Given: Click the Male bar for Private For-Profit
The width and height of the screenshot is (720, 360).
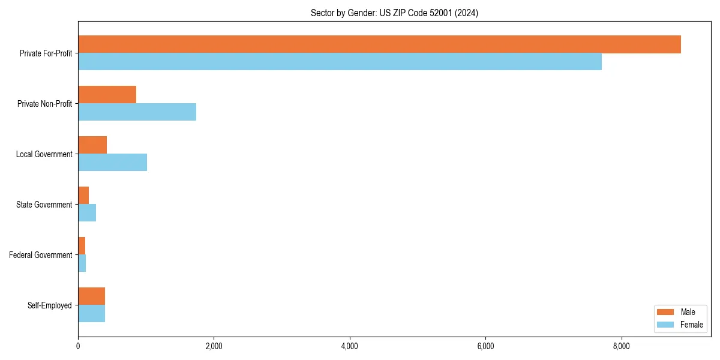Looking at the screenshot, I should (379, 44).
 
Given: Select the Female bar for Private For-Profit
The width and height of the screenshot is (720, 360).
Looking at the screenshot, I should (340, 62).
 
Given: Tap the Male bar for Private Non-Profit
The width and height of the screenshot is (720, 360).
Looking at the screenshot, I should (107, 95).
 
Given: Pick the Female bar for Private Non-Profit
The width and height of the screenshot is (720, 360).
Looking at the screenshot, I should (137, 112).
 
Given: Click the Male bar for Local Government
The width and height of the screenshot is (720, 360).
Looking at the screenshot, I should (92, 145).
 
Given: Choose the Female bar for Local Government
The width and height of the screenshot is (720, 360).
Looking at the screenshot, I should (112, 163).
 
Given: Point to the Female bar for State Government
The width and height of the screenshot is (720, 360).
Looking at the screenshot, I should (87, 213).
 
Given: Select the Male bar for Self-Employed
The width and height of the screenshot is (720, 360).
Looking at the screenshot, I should (91, 296).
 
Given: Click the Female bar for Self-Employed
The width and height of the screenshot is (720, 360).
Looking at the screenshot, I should (91, 314).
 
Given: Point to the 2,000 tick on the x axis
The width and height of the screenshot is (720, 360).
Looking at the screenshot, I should (214, 346).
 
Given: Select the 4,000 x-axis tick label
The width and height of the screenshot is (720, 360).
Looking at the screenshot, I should (349, 346).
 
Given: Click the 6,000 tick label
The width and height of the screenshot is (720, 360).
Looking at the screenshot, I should (485, 346).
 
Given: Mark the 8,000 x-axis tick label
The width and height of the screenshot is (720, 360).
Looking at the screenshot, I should (621, 346).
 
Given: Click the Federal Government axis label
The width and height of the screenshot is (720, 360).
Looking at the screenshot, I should (41, 255).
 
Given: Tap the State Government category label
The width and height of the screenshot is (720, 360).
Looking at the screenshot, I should (44, 205).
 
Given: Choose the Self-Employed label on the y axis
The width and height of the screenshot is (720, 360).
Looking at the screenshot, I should (50, 305).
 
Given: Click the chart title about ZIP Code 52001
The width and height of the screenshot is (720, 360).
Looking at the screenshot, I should (394, 13).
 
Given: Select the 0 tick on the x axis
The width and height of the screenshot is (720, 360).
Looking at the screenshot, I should (78, 346).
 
